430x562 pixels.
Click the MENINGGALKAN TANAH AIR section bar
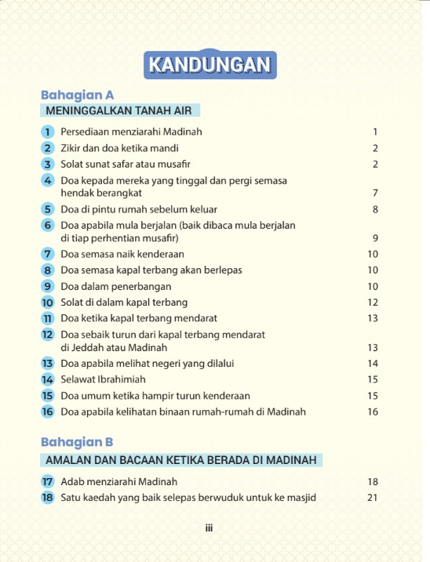[118, 111]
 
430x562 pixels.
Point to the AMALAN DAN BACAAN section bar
[181, 459]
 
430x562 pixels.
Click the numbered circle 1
[47, 132]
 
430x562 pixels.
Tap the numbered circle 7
[47, 254]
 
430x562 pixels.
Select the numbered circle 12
[47, 335]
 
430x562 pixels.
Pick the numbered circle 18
[47, 497]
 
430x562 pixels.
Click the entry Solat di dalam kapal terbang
[124, 303]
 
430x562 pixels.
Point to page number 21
[373, 497]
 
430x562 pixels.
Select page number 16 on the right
[373, 412]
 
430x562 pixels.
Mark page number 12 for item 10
[373, 303]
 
